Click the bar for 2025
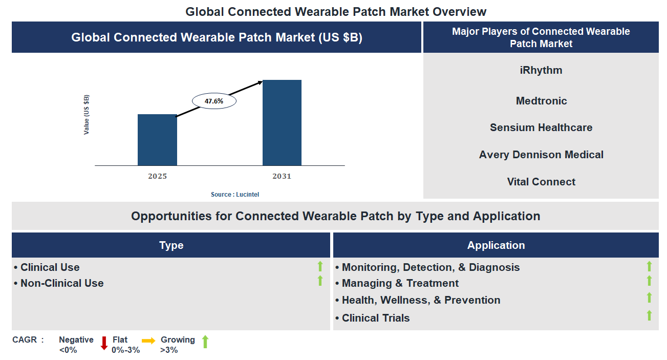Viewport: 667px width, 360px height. (x=157, y=140)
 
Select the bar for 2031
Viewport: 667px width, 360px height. (x=282, y=123)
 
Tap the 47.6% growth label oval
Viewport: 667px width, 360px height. (x=214, y=101)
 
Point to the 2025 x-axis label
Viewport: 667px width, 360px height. (x=157, y=176)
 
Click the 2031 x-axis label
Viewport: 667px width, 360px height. (x=282, y=176)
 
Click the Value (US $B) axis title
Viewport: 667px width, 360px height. (x=87, y=115)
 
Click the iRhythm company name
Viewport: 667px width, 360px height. (x=541, y=70)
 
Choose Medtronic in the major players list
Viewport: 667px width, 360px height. (x=541, y=101)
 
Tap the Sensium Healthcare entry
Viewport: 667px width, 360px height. (x=541, y=128)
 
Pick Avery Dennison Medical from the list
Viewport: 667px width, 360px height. (x=541, y=155)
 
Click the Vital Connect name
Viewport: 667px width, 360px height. (x=541, y=182)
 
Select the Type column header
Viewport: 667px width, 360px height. (x=171, y=245)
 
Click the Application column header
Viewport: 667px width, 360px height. (x=496, y=245)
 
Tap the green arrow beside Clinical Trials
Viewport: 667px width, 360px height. (x=649, y=315)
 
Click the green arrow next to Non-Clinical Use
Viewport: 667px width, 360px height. (x=320, y=281)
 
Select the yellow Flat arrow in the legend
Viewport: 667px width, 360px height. (x=148, y=341)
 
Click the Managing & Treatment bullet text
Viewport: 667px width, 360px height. (x=400, y=283)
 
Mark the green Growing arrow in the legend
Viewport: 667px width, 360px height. (x=205, y=342)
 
